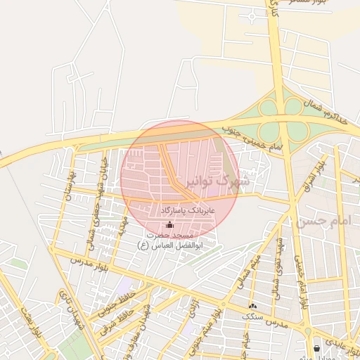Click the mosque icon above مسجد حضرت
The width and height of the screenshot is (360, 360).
[x=169, y=224]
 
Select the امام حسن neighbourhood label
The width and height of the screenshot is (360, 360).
[x=322, y=221]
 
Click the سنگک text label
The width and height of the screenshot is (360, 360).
[x=252, y=316]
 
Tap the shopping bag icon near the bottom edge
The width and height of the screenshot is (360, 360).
[x=317, y=348]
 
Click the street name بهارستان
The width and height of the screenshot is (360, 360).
[x=69, y=184]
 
